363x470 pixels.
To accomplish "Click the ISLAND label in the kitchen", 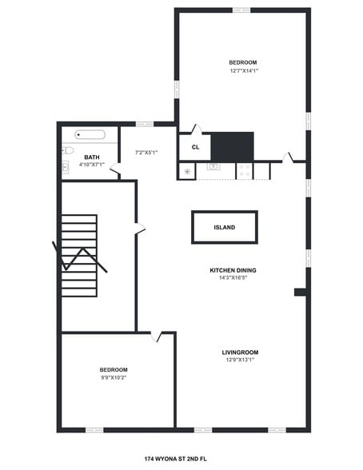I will [225, 228].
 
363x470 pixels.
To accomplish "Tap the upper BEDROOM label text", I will [242, 62].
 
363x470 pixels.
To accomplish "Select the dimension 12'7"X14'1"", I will [243, 70].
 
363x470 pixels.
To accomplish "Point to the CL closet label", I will [194, 147].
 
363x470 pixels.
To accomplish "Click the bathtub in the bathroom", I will [90, 135].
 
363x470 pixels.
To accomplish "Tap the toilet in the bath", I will [68, 150].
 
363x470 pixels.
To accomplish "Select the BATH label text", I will [92, 157].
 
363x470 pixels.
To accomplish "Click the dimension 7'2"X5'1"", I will [146, 152].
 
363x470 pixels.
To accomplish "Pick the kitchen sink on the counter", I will [213, 167].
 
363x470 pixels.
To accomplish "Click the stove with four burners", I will [245, 171].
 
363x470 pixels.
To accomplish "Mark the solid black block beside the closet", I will [232, 146].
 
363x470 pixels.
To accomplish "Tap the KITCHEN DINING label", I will [233, 270].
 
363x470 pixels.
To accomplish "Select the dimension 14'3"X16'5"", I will [233, 278].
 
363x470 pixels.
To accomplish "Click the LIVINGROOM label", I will [240, 352].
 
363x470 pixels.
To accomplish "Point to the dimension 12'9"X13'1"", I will [240, 360].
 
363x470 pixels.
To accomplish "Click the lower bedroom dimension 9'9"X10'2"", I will [113, 377].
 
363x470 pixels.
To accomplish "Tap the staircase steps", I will [79, 255].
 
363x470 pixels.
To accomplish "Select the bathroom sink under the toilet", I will [66, 167].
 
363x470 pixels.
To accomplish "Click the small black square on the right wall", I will [300, 293].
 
